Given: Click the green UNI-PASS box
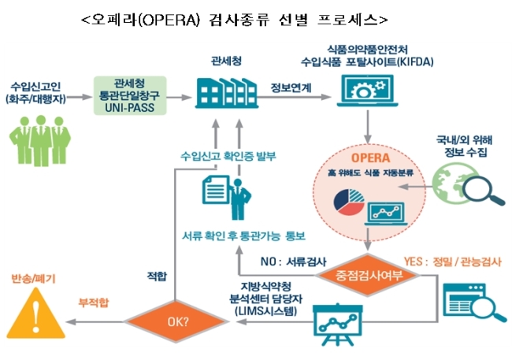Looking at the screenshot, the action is [130, 95].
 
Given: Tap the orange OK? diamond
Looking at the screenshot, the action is [176, 321].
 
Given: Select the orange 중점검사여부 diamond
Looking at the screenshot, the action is [368, 276].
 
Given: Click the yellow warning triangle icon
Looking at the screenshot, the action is [36, 314].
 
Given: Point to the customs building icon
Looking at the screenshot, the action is [227, 93].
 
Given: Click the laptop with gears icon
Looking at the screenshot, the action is [367, 91].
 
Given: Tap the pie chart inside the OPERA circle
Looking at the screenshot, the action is [349, 202].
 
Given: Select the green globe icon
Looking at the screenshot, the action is [450, 184].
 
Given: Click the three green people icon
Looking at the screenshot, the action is [40, 140].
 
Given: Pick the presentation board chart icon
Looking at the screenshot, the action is [337, 325].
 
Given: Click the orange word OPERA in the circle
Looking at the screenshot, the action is [371, 158].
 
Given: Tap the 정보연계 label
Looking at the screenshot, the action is [291, 88].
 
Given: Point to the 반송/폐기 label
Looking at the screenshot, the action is [34, 279].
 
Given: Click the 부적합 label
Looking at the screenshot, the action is [94, 302].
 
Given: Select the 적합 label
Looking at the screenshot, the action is [157, 276].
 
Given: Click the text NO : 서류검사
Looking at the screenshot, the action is [293, 262].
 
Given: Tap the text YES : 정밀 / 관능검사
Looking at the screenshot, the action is [452, 262].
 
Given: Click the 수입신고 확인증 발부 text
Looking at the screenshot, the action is [228, 156].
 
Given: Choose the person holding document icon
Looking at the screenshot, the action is [227, 197].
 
